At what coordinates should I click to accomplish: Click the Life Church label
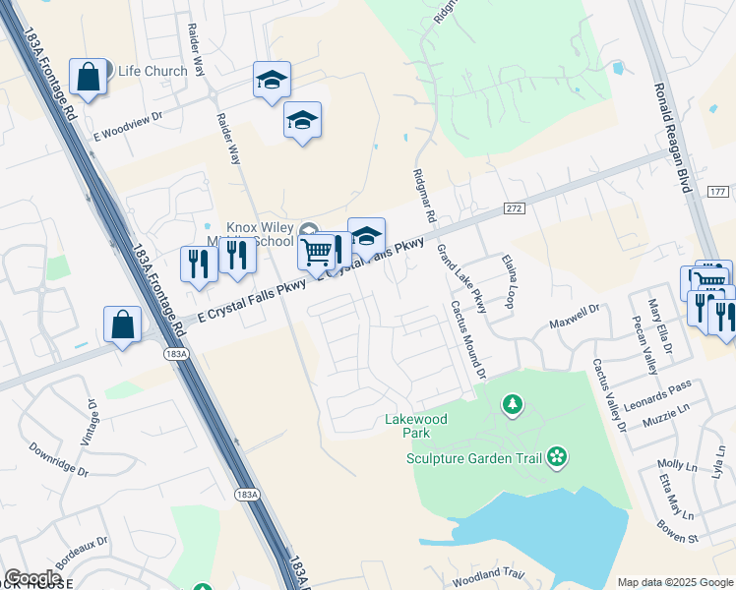153,71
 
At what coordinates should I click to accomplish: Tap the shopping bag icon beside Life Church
88,76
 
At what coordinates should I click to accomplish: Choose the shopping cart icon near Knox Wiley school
317,252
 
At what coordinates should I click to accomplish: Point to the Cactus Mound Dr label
468,339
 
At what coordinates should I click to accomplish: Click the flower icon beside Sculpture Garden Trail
558,456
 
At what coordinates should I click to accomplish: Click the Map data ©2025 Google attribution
674,582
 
